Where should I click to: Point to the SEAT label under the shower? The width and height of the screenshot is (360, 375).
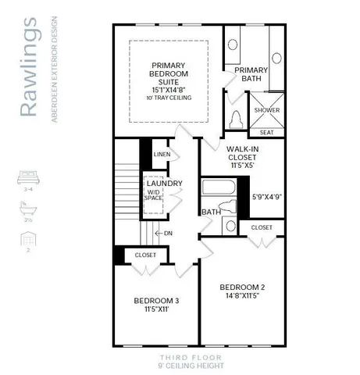(x=266, y=133)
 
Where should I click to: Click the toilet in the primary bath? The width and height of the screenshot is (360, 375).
(x=237, y=120)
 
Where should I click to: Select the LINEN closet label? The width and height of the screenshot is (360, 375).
(x=162, y=154)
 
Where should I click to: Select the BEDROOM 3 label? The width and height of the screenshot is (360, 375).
(x=156, y=301)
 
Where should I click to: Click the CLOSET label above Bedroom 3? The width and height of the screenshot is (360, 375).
(x=145, y=255)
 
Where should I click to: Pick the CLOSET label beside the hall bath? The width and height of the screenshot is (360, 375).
(x=262, y=227)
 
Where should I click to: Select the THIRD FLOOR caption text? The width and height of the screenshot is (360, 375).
(x=191, y=357)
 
